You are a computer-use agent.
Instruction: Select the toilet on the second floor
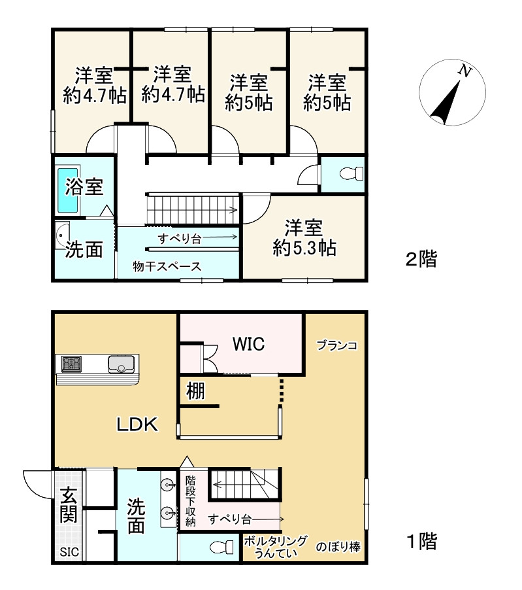(x=350, y=174)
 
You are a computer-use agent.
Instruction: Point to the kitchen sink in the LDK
(x=121, y=363)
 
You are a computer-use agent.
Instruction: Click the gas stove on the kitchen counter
(x=71, y=362)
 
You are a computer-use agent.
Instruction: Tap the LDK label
(x=137, y=425)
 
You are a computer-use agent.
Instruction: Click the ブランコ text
(x=336, y=345)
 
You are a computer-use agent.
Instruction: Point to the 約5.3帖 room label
(x=304, y=238)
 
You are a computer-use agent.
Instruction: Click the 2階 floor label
(x=420, y=260)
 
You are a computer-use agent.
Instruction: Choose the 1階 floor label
(x=420, y=541)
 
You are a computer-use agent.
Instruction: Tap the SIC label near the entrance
(x=70, y=552)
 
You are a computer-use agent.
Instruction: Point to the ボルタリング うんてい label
(x=274, y=546)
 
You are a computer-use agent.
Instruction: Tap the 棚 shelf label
(x=195, y=391)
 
